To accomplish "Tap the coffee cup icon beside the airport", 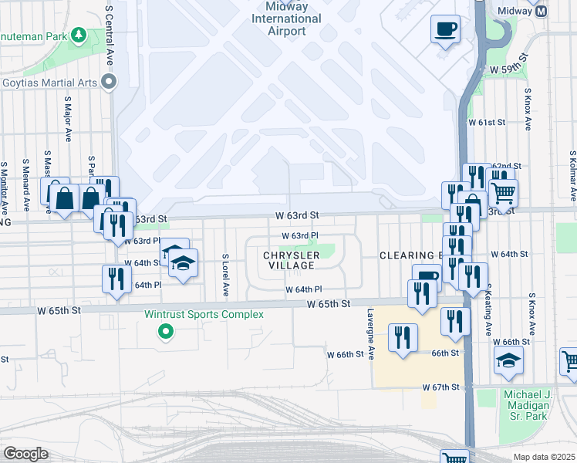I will click(445, 30).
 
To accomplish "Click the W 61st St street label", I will click(487, 123).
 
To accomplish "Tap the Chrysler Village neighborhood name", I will click(291, 260).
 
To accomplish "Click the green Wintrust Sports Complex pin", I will click(164, 333).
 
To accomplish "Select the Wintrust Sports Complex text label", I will click(204, 314).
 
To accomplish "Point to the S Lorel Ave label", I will click(225, 275).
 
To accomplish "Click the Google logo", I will click(25, 454).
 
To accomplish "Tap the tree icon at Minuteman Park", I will click(78, 35).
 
